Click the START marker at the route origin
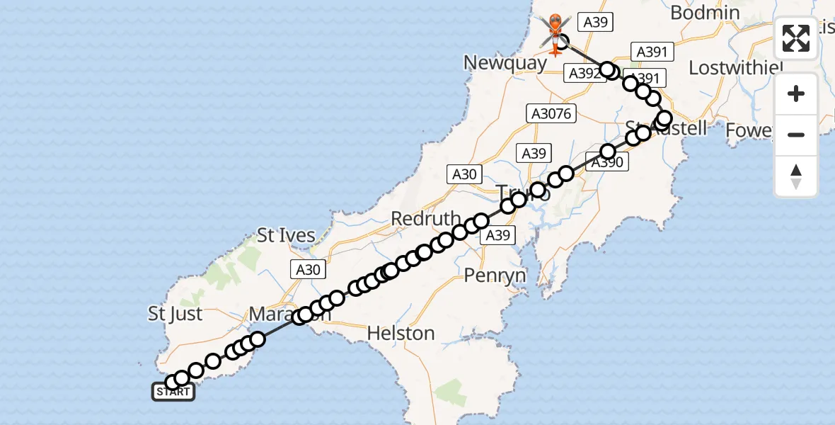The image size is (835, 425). (x=173, y=392)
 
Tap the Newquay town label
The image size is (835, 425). (x=505, y=63)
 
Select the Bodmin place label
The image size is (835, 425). (x=705, y=13)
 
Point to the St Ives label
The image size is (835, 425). (x=286, y=236)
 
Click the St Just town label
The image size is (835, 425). (x=175, y=314)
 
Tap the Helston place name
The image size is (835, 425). (x=401, y=332)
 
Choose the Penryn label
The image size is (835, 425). (x=495, y=275)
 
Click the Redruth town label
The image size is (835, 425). (x=426, y=219)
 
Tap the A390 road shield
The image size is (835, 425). (x=607, y=163)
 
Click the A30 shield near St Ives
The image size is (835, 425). (x=307, y=269)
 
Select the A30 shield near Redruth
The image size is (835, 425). (x=464, y=174)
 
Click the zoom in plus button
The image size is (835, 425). (x=796, y=94)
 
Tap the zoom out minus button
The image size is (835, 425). (x=796, y=135)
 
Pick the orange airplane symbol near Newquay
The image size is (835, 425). (x=555, y=50)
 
